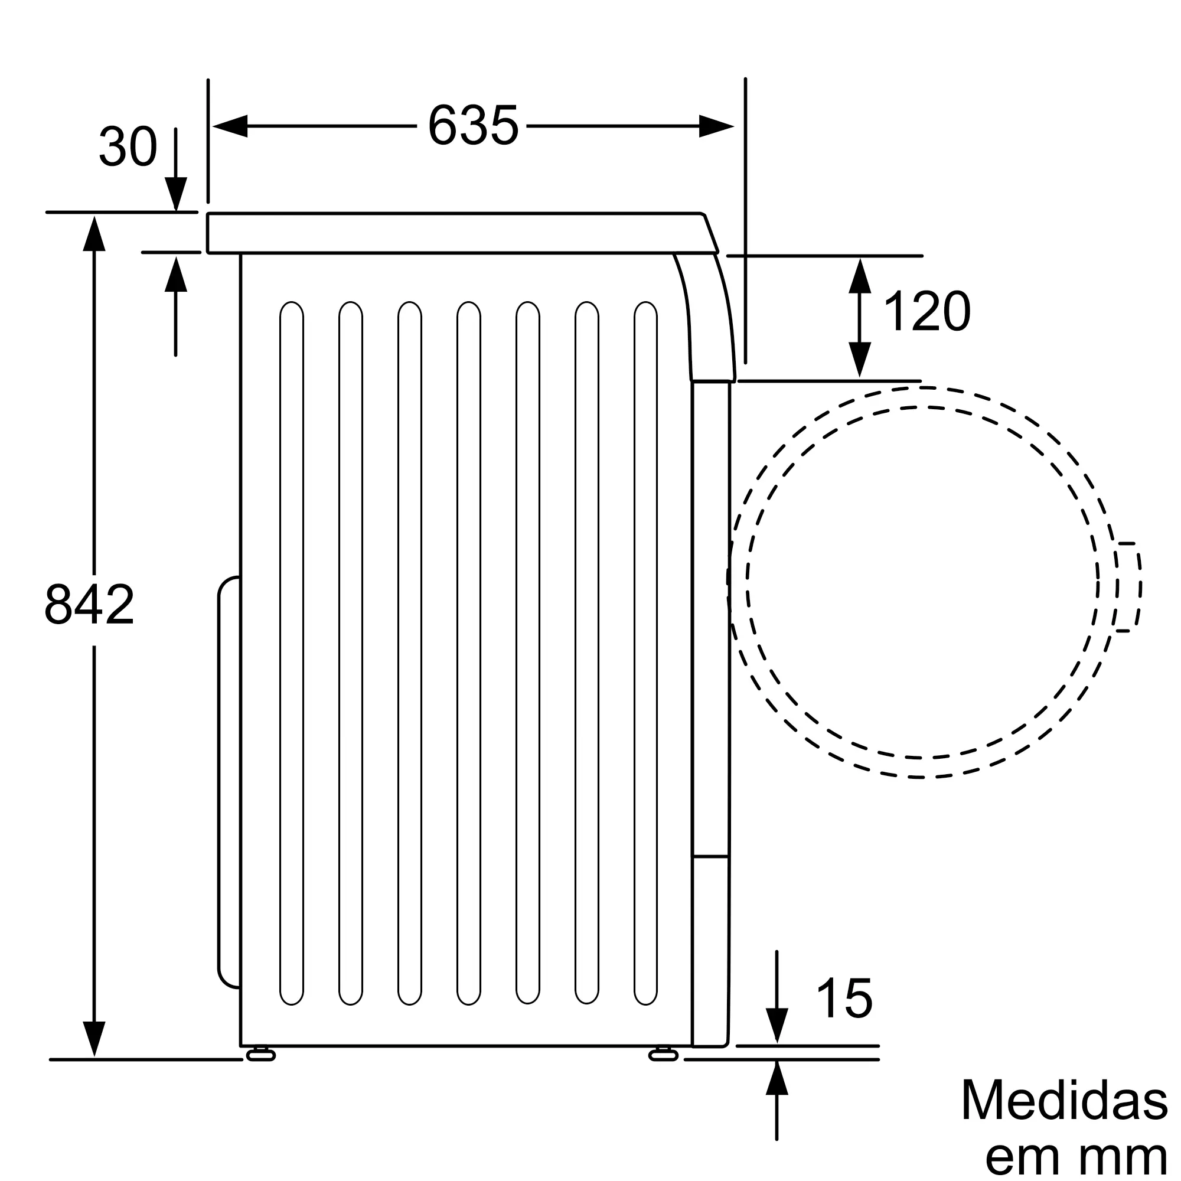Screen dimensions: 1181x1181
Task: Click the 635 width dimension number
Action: (473, 126)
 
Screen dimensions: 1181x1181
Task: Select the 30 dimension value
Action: (128, 146)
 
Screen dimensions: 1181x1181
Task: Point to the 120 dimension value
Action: (926, 311)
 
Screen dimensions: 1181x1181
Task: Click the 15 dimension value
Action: (844, 997)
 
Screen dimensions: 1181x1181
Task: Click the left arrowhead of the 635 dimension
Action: (229, 126)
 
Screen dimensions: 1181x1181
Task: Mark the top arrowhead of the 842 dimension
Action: (93, 233)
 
